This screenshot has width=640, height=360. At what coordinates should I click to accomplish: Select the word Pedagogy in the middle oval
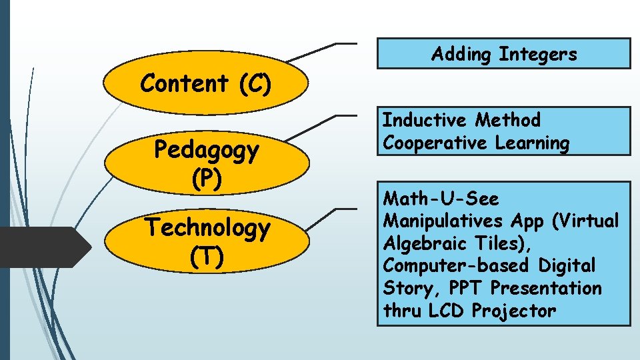point(206,150)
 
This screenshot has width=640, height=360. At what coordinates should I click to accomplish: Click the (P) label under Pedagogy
point(206,178)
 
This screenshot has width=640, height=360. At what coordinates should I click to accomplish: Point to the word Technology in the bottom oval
point(208,228)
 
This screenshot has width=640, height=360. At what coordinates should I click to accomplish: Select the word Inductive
point(425,121)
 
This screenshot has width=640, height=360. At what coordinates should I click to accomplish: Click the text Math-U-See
point(441,199)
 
